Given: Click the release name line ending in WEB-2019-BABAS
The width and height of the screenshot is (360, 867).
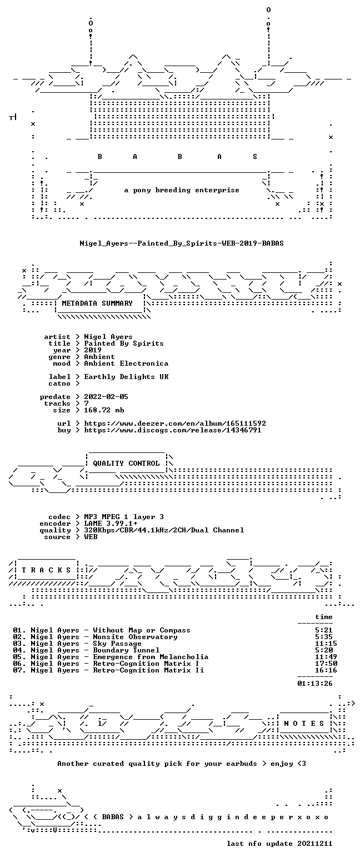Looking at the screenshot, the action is tap(182, 243).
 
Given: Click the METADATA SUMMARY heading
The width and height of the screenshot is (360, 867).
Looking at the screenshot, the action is tap(97, 303).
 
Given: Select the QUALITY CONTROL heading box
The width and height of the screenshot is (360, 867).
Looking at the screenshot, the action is tap(126, 464).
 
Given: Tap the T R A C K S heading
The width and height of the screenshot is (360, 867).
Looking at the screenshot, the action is tap(46, 570).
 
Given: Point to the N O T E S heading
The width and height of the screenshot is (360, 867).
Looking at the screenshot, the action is tap(304, 724).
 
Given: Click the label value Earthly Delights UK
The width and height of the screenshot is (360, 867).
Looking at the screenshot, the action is tap(126, 377).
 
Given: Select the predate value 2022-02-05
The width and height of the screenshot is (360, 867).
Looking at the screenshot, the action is tap(106, 397).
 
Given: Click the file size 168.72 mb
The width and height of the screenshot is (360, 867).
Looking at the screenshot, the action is tap(104, 410).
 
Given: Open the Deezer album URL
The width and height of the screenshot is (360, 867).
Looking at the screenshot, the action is tap(175, 423).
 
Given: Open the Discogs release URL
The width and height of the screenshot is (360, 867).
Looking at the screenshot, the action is tap(173, 430).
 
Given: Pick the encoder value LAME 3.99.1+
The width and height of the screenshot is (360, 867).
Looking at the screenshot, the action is tap(111, 524).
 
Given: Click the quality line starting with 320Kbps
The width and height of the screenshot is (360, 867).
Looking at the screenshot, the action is tap(164, 530).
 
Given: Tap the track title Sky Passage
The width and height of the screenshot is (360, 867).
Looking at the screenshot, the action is tap(117, 644).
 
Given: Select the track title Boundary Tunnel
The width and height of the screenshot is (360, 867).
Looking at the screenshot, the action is tap(126, 650).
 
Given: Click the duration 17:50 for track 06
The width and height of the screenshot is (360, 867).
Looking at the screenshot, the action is tap(326, 664).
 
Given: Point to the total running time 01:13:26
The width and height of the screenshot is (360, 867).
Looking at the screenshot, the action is tap(315, 684).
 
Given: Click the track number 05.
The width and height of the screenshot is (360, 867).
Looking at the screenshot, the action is tap(19, 657).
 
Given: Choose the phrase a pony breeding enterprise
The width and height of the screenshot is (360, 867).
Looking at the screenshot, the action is tap(182, 190).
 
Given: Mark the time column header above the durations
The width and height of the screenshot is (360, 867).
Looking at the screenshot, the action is tap(324, 617).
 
